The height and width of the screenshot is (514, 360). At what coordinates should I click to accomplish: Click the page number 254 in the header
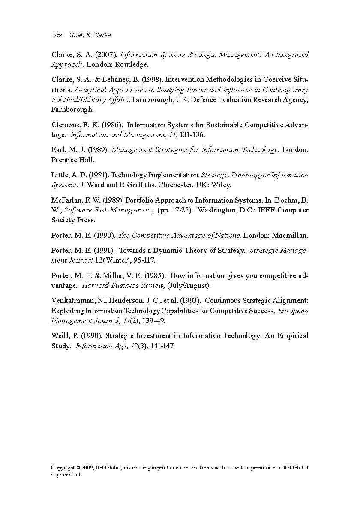click(58, 35)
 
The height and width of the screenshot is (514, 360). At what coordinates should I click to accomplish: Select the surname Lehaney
click(116, 80)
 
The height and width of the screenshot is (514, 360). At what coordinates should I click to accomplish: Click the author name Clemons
click(66, 125)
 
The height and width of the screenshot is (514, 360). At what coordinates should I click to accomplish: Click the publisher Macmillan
click(289, 236)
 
